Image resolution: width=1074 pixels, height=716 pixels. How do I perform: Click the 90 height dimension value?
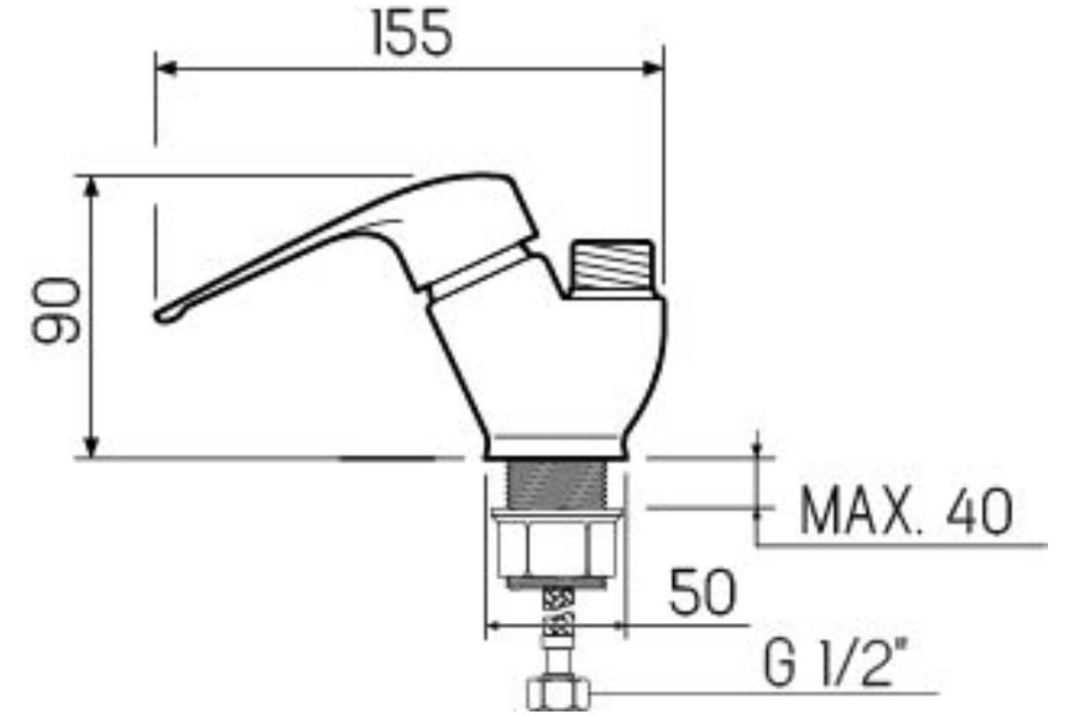pyautogui.click(x=56, y=311)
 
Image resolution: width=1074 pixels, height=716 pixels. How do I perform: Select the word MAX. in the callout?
pyautogui.click(x=858, y=511)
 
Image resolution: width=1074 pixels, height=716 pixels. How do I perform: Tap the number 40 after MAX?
pyautogui.click(x=979, y=511)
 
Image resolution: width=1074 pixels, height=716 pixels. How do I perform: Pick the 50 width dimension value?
pyautogui.click(x=702, y=592)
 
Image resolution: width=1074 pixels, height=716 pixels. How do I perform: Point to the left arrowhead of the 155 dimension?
pyautogui.click(x=166, y=69)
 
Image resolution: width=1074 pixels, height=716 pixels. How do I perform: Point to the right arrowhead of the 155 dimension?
pyautogui.click(x=652, y=69)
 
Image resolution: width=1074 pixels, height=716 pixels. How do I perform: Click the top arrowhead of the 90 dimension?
pyautogui.click(x=91, y=188)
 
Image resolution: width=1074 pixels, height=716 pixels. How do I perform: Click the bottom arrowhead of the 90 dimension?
pyautogui.click(x=91, y=447)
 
